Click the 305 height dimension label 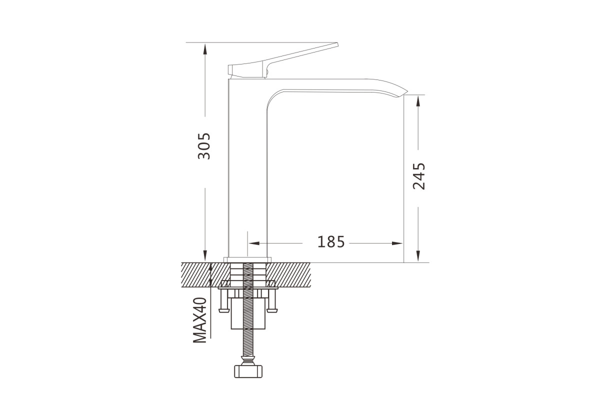click(x=204, y=146)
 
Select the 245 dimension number click(x=418, y=176)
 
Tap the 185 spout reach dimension click(x=331, y=242)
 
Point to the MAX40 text click(x=200, y=320)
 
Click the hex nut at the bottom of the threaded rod click(x=248, y=371)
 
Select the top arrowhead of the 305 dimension click(x=205, y=49)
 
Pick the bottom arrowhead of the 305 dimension click(x=205, y=255)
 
